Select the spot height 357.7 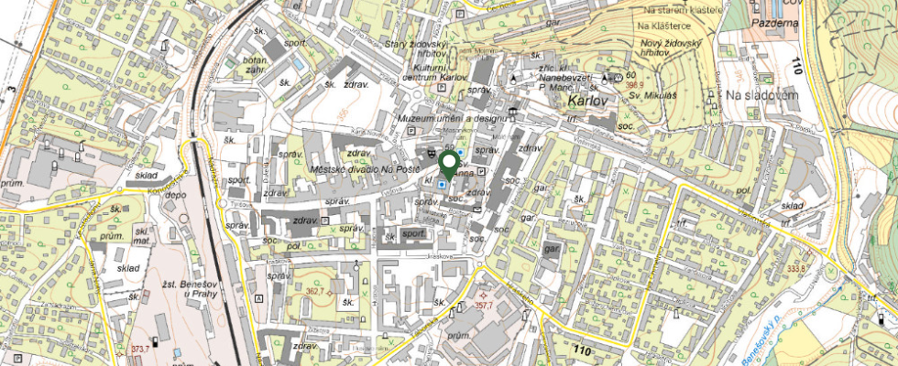(x=484, y=307)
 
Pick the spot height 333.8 (x=795, y=268)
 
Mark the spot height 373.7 (x=139, y=349)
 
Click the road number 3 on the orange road (x=12, y=89)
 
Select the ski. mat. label (x=141, y=234)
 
